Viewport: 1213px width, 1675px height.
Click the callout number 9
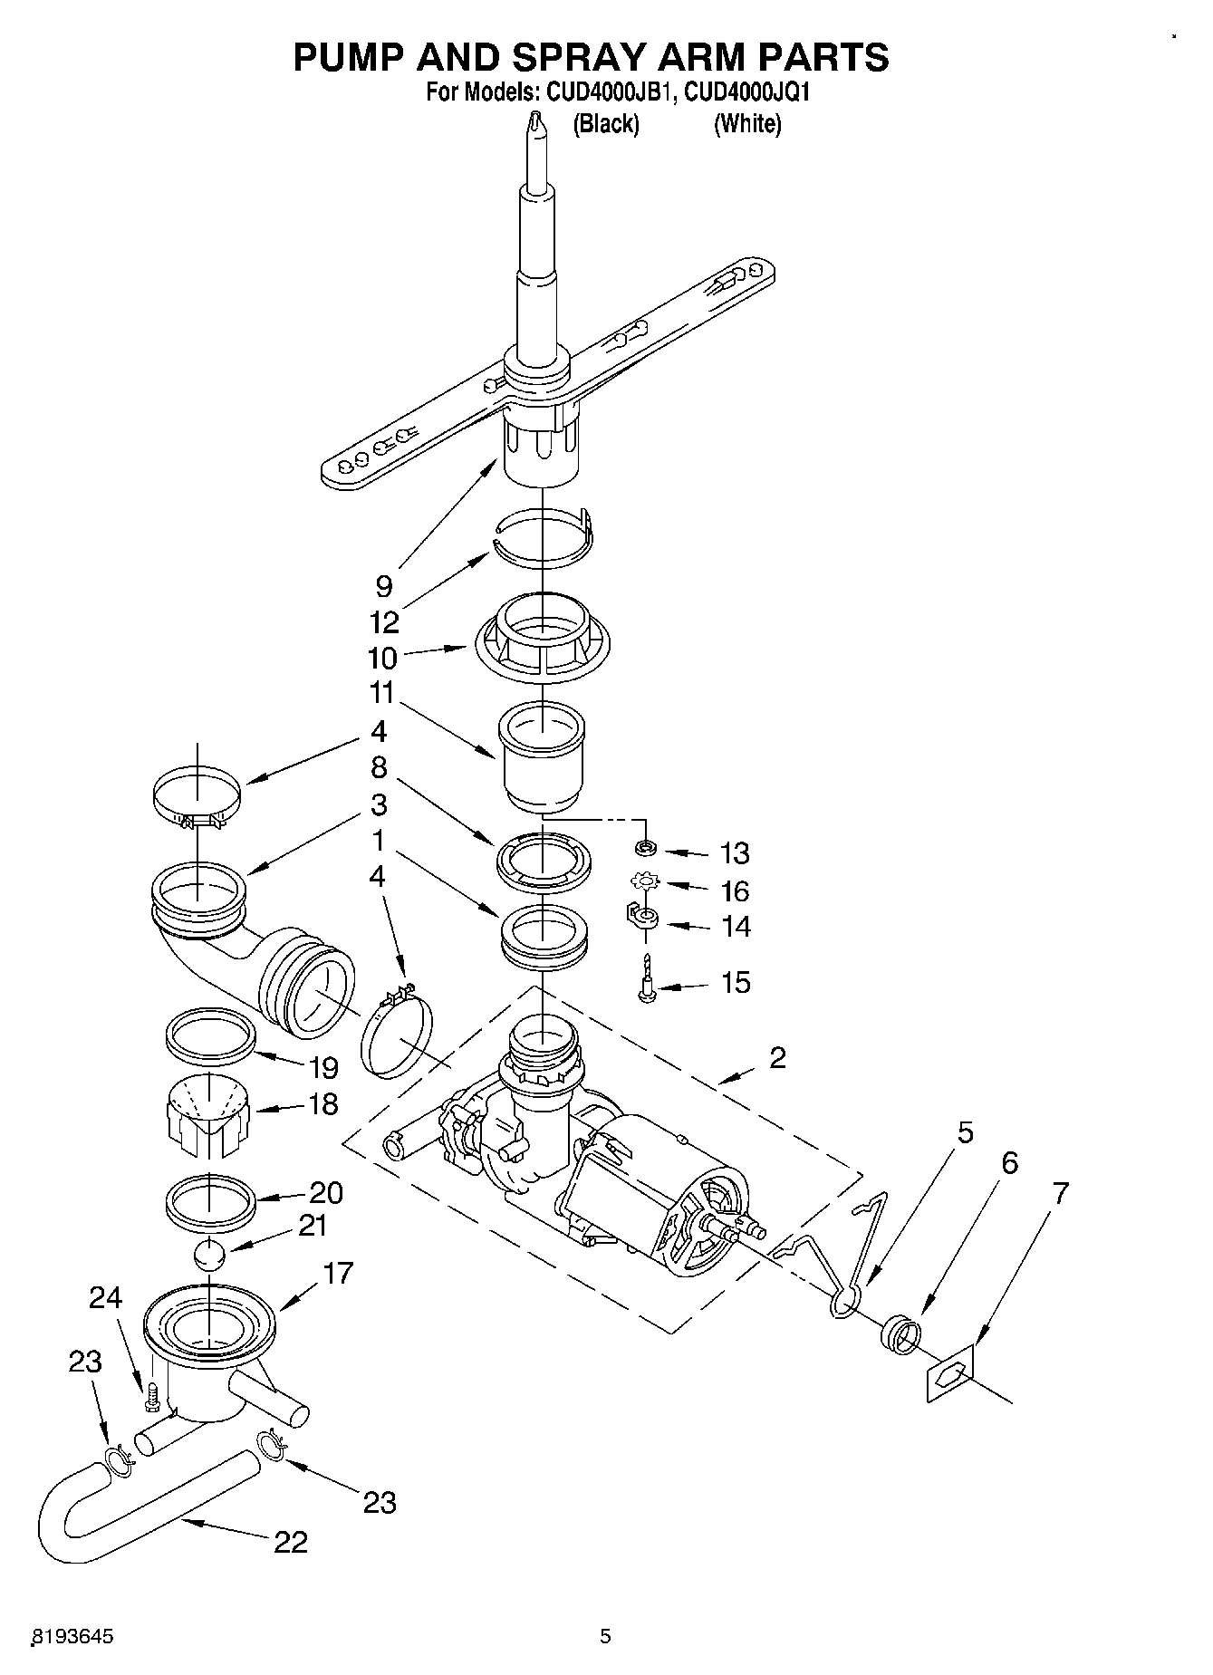pos(383,586)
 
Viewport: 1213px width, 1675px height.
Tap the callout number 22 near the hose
pos(291,1541)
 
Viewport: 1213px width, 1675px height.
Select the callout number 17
pos(338,1273)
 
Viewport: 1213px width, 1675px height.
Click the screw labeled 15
pos(647,979)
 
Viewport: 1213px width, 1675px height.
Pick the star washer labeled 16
pos(646,880)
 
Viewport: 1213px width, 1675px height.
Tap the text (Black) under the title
pos(605,124)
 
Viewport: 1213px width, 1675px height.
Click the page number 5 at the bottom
pos(605,1636)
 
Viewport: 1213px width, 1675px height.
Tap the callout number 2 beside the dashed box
pos(777,1057)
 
